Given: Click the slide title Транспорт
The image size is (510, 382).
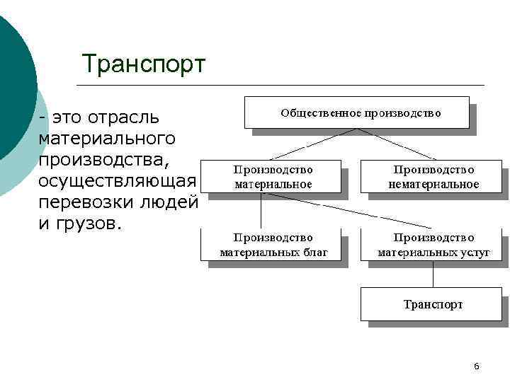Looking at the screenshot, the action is coord(143,64).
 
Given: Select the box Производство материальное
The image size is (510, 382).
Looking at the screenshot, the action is coord(273,177).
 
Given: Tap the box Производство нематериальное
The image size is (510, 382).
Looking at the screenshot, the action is coord(433,177).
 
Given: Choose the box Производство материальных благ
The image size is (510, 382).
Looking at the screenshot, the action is coord(273,245).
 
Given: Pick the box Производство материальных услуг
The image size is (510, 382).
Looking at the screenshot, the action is coord(433,245).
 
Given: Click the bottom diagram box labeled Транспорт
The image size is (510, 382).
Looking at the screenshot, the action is coord(433,304).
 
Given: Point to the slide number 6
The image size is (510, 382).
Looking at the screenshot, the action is coord(476,366).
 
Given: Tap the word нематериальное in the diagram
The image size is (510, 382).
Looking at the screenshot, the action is coord(433,184).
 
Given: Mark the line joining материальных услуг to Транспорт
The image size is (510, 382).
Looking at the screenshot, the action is coord(433,274).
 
